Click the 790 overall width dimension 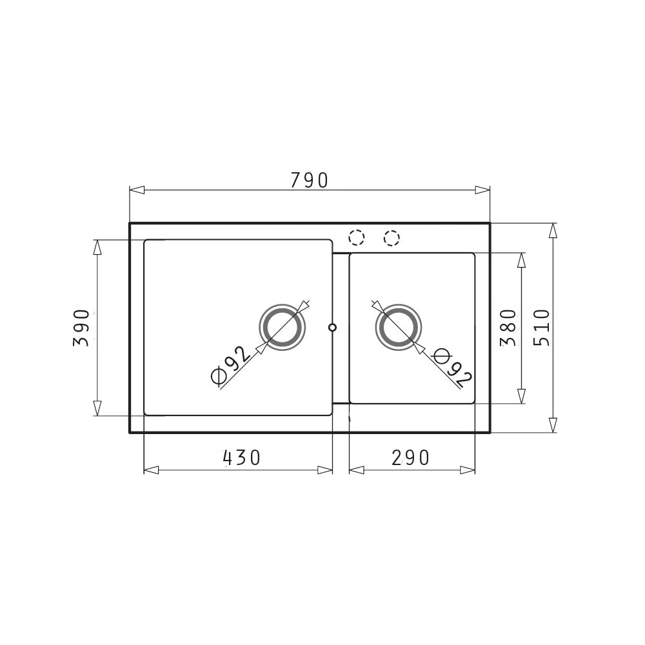pos(310,180)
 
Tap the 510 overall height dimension pos(541,328)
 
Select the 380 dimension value pos(508,328)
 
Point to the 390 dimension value pos(81,328)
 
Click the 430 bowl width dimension pos(242,457)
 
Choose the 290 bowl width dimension pos(410,457)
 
